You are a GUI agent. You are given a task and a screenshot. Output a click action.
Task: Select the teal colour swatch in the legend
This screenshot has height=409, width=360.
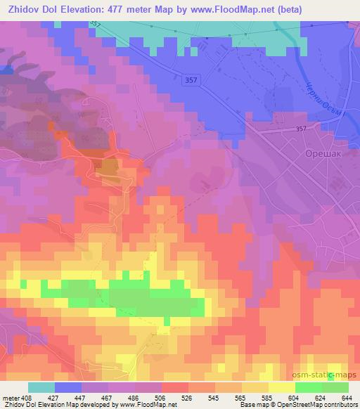pyautogui.click(x=41, y=387)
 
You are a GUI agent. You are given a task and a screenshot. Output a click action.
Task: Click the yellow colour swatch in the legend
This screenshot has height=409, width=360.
pyautogui.click(x=281, y=387)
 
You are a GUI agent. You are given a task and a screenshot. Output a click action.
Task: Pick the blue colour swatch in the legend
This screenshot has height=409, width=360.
pyautogui.click(x=68, y=387)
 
